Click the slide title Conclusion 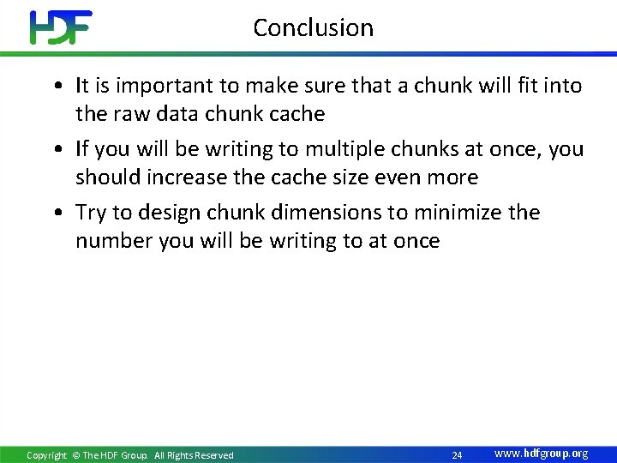[313, 27]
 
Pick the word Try [92, 213]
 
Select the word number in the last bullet [114, 241]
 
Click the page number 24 [457, 454]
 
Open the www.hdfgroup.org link [541, 454]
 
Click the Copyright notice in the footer [130, 455]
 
